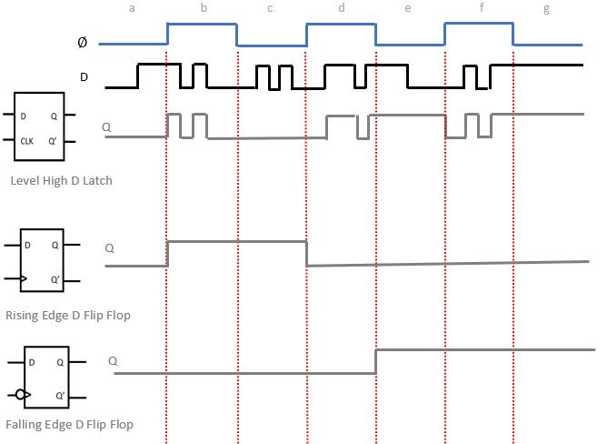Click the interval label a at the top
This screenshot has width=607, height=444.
tap(133, 8)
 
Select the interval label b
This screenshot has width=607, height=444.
tap(203, 8)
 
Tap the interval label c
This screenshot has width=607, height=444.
tap(270, 8)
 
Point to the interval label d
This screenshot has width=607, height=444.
tap(341, 8)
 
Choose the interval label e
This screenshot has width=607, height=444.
tap(407, 8)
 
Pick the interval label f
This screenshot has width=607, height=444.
tap(482, 8)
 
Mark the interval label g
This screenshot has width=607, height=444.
tap(546, 8)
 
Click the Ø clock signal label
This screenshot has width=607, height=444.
tap(84, 43)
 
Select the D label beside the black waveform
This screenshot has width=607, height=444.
tap(85, 77)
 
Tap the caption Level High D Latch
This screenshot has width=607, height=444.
tap(62, 181)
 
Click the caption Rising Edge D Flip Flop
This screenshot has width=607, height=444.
tap(68, 315)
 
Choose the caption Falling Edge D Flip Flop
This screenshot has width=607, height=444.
tap(69, 425)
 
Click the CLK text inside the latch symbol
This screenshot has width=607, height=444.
tap(27, 140)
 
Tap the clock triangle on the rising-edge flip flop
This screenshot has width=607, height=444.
tap(24, 279)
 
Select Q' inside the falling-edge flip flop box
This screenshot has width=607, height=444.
tap(59, 396)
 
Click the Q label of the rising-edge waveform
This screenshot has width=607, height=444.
tap(110, 247)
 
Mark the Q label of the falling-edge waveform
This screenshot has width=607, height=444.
tap(114, 360)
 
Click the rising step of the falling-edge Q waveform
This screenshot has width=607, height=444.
tap(376, 361)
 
